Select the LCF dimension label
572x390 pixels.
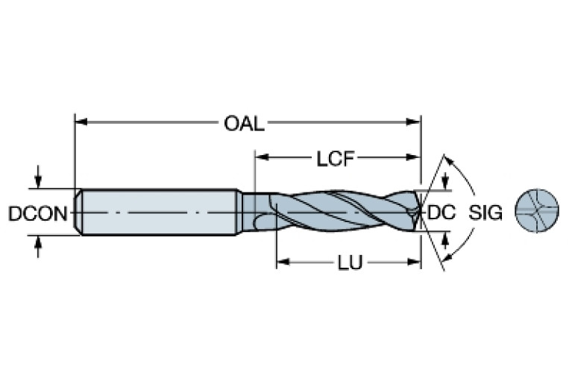tap(334, 158)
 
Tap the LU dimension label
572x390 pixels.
tap(345, 264)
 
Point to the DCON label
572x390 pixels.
tap(36, 213)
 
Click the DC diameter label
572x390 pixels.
tap(441, 213)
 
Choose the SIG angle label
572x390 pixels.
tap(485, 213)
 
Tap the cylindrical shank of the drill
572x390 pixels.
tap(160, 213)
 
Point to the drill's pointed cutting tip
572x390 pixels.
tap(418, 213)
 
